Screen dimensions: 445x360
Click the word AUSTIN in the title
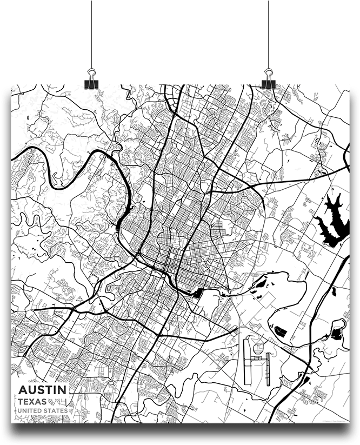(x=43, y=389)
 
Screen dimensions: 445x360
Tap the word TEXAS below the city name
(x=32, y=401)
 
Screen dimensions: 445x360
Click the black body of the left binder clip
(x=91, y=84)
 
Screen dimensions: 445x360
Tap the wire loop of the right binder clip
(x=268, y=72)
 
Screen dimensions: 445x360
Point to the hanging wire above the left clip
(x=91, y=32)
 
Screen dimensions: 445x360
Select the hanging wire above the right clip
(x=268, y=32)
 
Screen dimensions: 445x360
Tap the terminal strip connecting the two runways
(x=258, y=357)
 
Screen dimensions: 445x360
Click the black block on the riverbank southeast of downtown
(x=197, y=293)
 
